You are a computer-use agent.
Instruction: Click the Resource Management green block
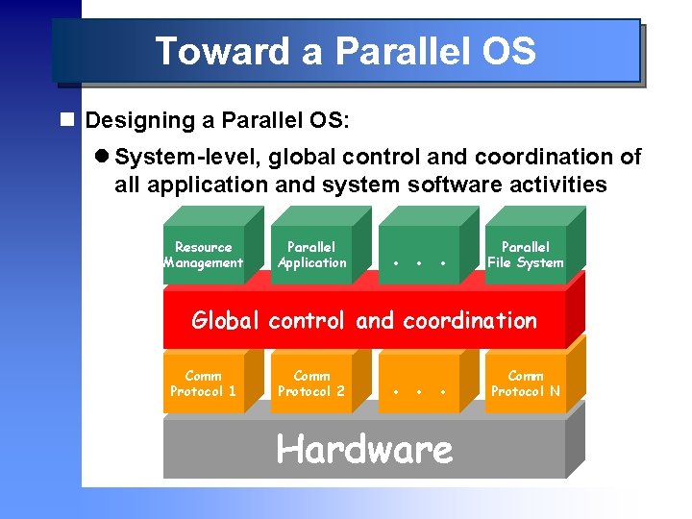coord(203,255)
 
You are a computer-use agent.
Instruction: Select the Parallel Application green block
coord(311,255)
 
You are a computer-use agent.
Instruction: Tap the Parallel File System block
coord(525,255)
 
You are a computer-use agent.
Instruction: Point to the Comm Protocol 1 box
coord(203,383)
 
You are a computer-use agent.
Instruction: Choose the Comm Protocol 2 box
coord(311,383)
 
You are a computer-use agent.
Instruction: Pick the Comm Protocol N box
coord(525,383)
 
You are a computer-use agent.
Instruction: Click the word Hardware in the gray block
coord(364,449)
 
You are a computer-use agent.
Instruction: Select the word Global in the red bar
coord(226,320)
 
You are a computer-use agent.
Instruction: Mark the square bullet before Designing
coord(66,121)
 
